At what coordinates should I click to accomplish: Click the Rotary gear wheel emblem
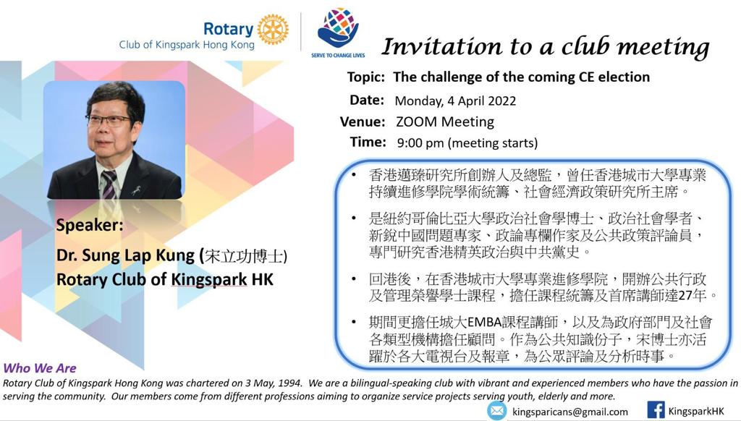[273, 29]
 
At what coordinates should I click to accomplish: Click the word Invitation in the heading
[441, 47]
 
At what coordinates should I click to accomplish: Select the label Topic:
[365, 77]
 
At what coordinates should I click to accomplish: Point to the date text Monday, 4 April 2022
[455, 101]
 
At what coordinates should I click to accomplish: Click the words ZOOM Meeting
[445, 122]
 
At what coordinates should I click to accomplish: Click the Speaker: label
[89, 225]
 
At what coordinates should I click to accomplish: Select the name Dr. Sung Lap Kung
[125, 255]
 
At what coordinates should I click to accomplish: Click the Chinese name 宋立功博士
[243, 255]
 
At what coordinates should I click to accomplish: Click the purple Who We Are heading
[40, 368]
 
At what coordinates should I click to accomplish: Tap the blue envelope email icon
[496, 411]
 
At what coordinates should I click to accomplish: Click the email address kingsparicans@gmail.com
[570, 412]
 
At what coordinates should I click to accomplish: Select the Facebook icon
[656, 410]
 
